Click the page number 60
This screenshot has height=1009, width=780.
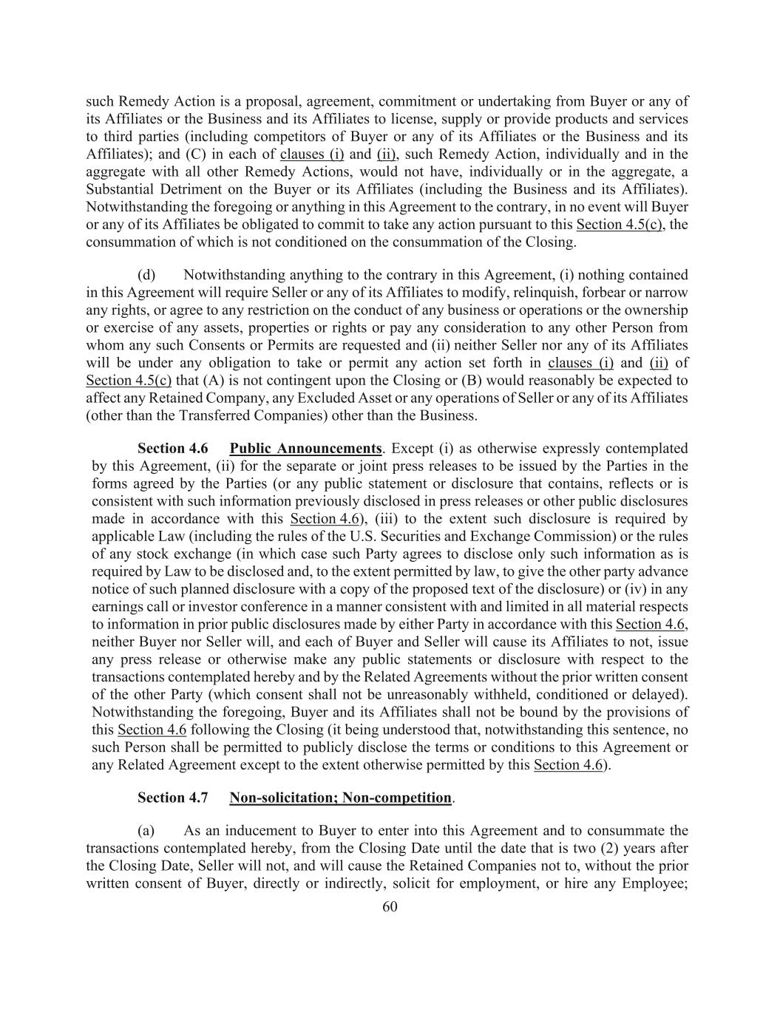[390, 907]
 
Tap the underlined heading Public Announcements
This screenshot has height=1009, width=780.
[305, 449]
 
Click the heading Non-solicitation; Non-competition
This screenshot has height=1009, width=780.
[340, 798]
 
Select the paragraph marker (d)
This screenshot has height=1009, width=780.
[147, 275]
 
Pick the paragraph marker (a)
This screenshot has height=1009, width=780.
[147, 831]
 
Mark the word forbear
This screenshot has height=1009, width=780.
[612, 293]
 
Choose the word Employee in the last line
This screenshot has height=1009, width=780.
[654, 883]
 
